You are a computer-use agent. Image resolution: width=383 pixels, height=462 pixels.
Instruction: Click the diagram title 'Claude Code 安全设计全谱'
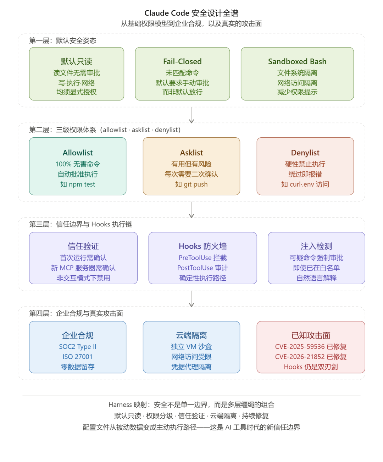[x=191, y=13]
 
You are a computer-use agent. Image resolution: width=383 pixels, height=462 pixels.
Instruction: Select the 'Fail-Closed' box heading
[x=182, y=61]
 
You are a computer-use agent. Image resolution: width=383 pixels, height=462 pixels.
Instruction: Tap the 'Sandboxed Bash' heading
[x=297, y=61]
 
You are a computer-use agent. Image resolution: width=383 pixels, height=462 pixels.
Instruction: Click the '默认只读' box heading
[x=77, y=61]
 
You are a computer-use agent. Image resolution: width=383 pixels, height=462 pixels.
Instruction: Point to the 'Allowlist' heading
[x=78, y=153]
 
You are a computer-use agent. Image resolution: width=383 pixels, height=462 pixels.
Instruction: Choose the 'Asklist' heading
[x=191, y=153]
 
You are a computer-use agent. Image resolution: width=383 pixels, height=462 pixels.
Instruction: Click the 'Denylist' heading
[x=305, y=153]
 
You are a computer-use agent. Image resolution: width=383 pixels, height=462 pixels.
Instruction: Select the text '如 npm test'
[x=78, y=184]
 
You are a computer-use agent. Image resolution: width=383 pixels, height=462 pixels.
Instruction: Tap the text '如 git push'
[x=191, y=184]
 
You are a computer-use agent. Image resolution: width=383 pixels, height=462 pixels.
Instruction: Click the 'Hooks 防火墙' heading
[x=202, y=246]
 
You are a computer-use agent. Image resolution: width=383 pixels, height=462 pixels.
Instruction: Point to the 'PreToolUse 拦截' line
[x=202, y=258]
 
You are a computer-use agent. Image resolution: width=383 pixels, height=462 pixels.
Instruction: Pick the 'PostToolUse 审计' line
[x=202, y=268]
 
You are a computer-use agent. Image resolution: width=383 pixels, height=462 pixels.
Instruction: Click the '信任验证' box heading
[x=83, y=246]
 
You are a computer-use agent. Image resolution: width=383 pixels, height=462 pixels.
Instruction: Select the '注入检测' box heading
[x=316, y=246]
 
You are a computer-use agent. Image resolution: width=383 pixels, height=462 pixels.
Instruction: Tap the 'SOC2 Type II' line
[x=78, y=347]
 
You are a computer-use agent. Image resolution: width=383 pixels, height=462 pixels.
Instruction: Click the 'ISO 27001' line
[x=78, y=357]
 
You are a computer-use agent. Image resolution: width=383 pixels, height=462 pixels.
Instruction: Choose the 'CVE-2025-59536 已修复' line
[x=311, y=347]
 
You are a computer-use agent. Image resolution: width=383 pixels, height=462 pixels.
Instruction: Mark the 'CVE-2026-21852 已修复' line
[x=311, y=357]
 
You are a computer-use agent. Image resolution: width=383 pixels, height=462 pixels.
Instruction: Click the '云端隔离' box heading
[x=191, y=335]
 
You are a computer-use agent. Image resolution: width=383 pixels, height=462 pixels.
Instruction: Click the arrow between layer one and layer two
[x=191, y=115]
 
